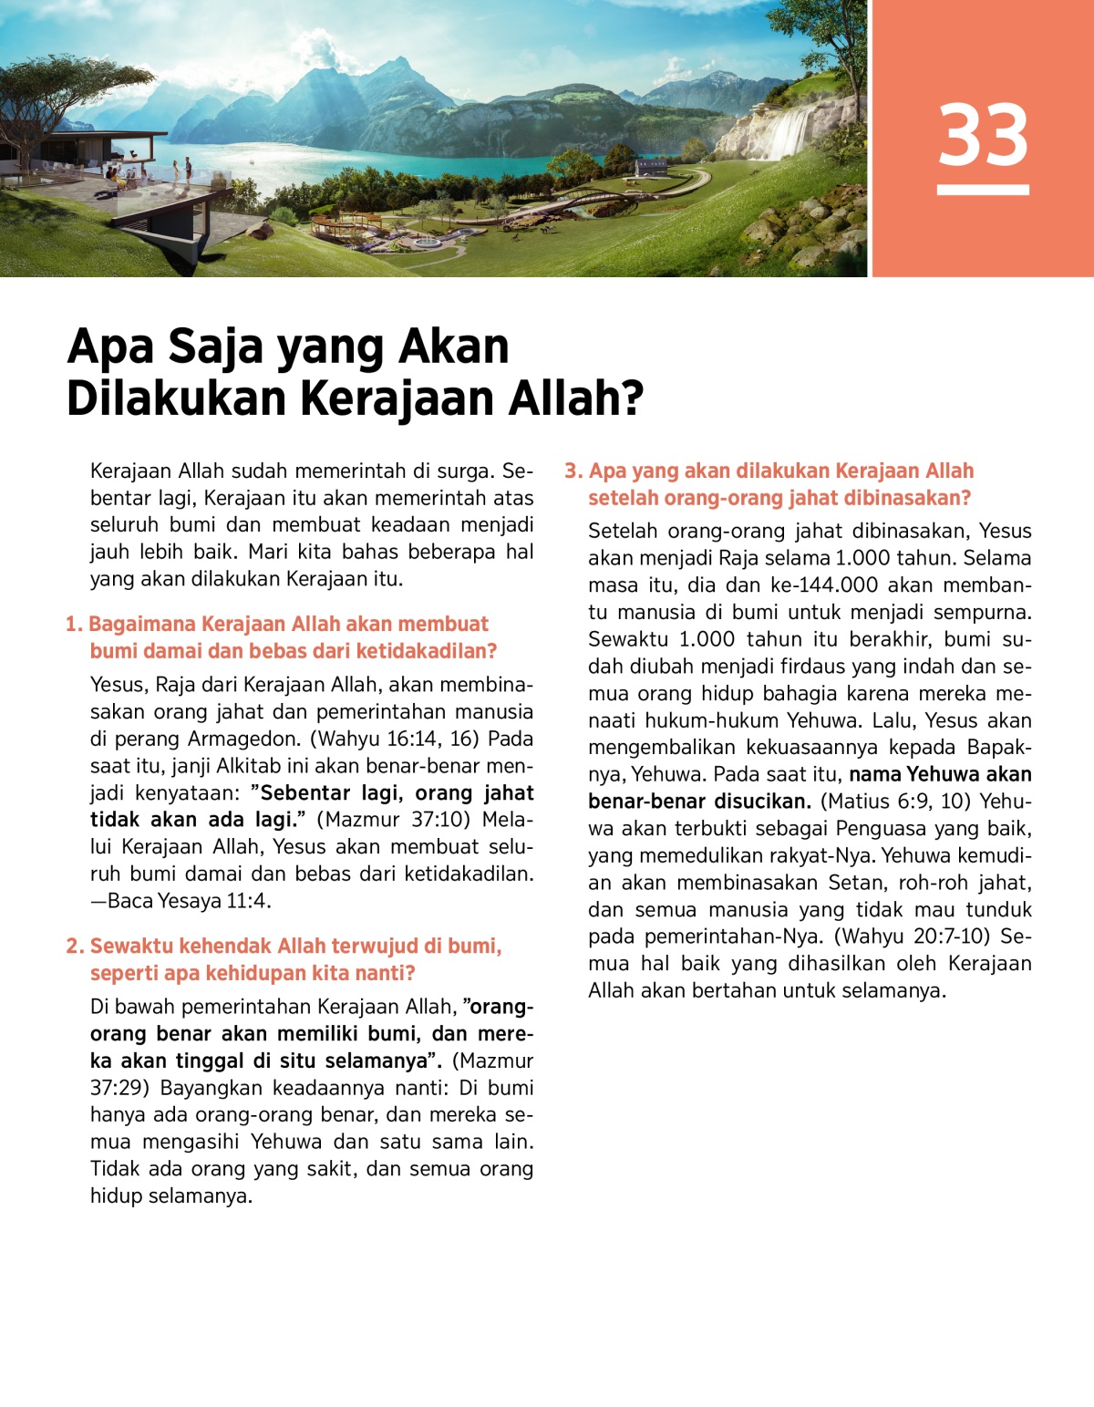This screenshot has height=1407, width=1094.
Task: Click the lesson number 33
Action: [x=983, y=134]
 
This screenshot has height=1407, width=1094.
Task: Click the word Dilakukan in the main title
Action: [x=177, y=398]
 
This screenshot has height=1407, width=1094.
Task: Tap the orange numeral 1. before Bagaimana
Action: [x=74, y=625]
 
